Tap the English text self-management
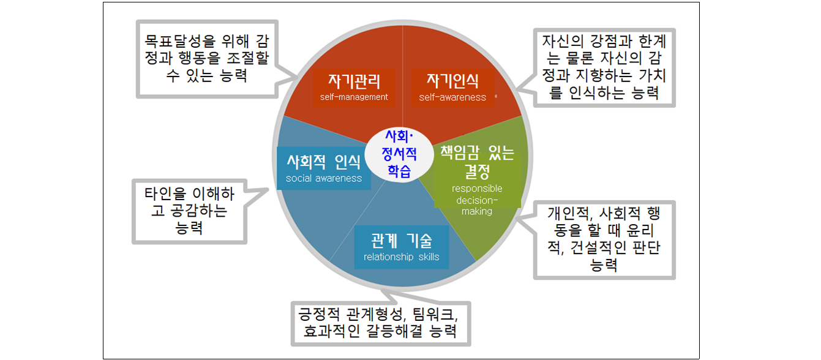[x=354, y=97]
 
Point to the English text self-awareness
[x=452, y=97]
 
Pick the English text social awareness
[x=324, y=178]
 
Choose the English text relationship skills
[x=401, y=257]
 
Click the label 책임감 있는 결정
[x=478, y=160]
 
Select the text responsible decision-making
[x=477, y=200]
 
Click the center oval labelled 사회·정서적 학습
[x=399, y=153]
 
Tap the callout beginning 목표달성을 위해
[x=206, y=59]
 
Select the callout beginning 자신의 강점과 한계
[x=604, y=67]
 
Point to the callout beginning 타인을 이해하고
[x=189, y=211]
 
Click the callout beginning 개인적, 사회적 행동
[x=604, y=239]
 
